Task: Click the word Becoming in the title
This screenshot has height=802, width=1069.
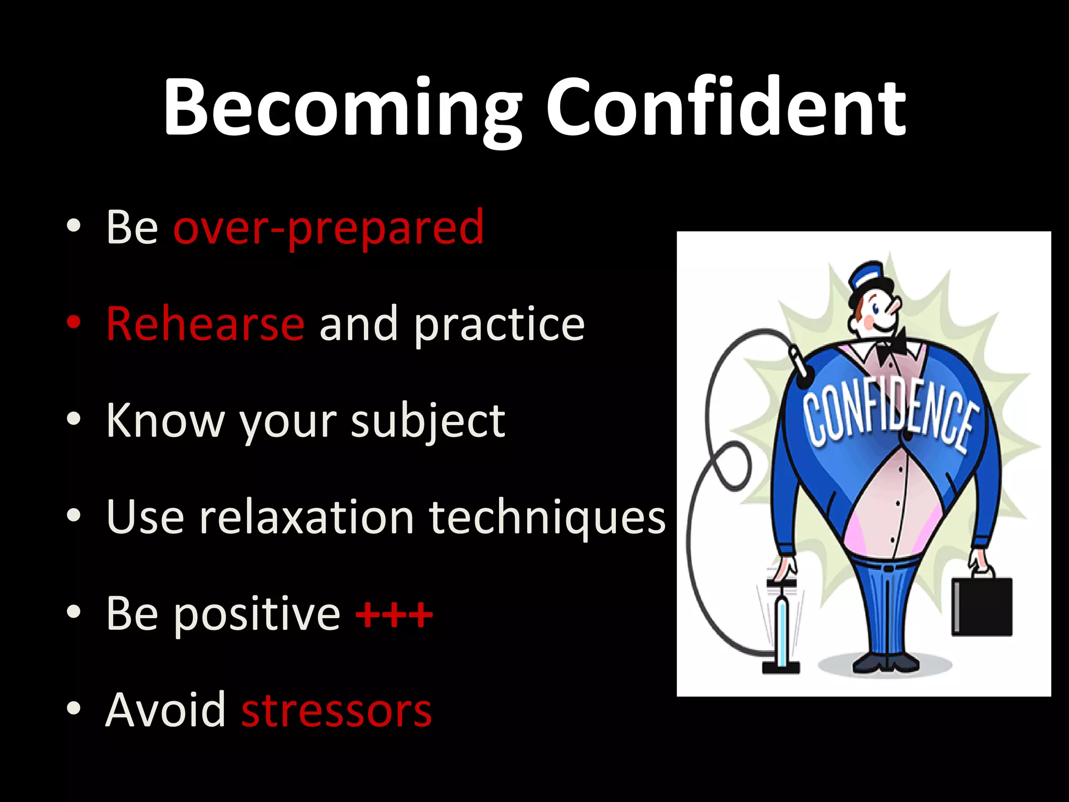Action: coord(342,107)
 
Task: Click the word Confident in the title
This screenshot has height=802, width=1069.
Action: coord(726,107)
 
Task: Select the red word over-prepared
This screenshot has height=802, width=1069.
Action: coord(328,227)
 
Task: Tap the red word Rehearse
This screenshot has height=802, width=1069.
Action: coord(205,324)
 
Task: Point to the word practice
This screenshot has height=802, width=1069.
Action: coord(499,325)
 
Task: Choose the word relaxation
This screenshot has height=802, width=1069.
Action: coord(307,517)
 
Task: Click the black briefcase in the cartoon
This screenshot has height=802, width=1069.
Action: coord(982,606)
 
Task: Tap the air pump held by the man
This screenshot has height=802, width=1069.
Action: coord(781,627)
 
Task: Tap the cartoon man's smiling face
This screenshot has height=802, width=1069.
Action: coord(877,316)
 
